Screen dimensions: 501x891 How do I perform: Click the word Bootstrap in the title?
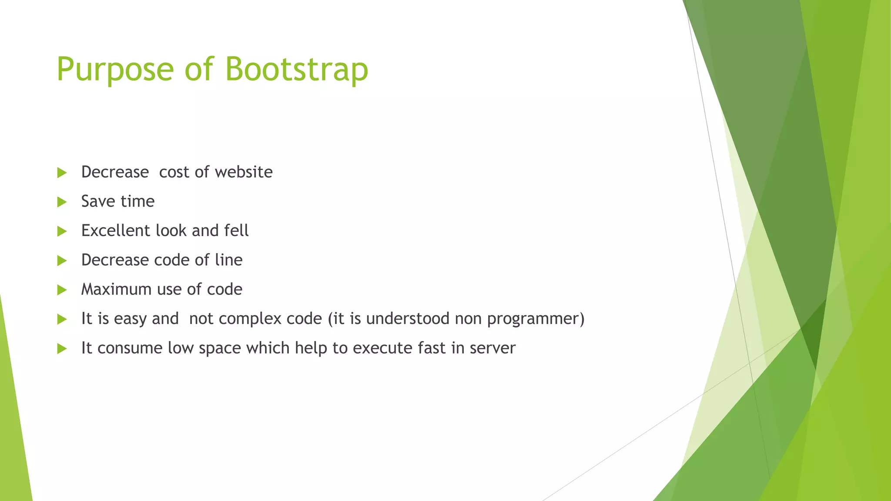pyautogui.click(x=297, y=70)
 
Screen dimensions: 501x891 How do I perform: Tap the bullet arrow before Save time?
pyautogui.click(x=62, y=202)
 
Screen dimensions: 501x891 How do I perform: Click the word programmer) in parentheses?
pyautogui.click(x=536, y=319)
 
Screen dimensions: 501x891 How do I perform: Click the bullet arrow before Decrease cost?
pyautogui.click(x=62, y=173)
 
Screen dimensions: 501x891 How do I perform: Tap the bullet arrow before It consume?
pyautogui.click(x=62, y=348)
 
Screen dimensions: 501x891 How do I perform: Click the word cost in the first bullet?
pyautogui.click(x=174, y=172)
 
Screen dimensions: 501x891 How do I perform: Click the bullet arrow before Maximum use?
pyautogui.click(x=62, y=290)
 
